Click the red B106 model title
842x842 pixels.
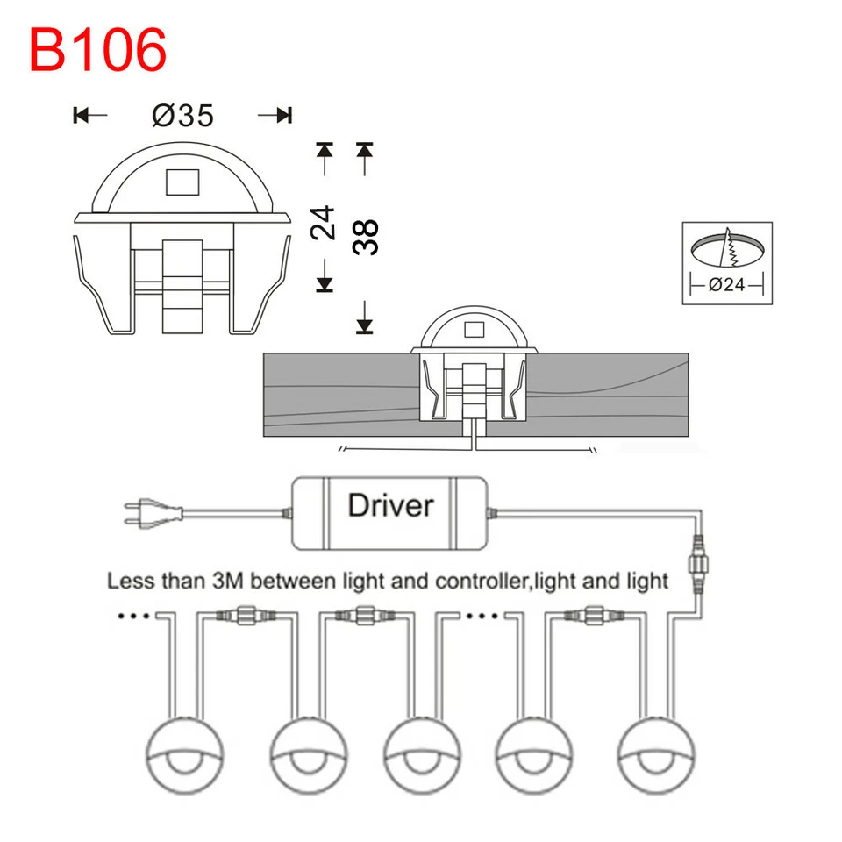97,51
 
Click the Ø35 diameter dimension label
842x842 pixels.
182,115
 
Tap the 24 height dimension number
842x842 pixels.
324,224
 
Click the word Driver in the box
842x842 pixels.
390,505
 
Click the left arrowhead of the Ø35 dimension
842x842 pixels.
81,115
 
